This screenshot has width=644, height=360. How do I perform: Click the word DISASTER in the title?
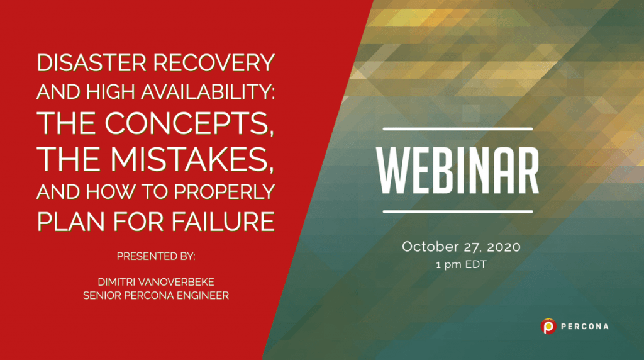click(84, 63)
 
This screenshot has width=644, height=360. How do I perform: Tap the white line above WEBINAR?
click(458, 129)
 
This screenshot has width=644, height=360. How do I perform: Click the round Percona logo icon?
click(548, 326)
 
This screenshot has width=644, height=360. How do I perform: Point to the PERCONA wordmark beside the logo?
click(584, 327)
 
